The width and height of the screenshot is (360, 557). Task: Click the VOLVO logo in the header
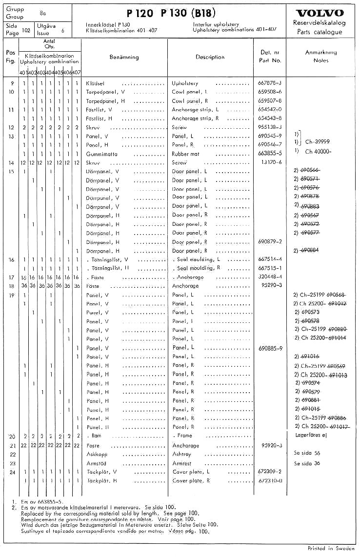(x=320, y=13)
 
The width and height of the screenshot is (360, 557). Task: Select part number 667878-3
(x=270, y=83)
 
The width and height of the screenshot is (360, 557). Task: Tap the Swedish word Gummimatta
(x=101, y=154)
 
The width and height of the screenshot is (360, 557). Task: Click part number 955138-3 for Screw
(x=270, y=127)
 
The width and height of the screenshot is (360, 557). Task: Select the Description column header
(x=210, y=57)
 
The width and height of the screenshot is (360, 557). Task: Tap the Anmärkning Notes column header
(x=321, y=56)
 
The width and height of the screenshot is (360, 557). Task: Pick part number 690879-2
(x=270, y=241)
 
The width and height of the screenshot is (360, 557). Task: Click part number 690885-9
(x=270, y=348)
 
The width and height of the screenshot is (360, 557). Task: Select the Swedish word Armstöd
(x=98, y=463)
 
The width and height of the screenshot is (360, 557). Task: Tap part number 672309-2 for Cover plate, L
(x=270, y=472)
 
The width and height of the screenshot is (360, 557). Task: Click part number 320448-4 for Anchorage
(x=270, y=277)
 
